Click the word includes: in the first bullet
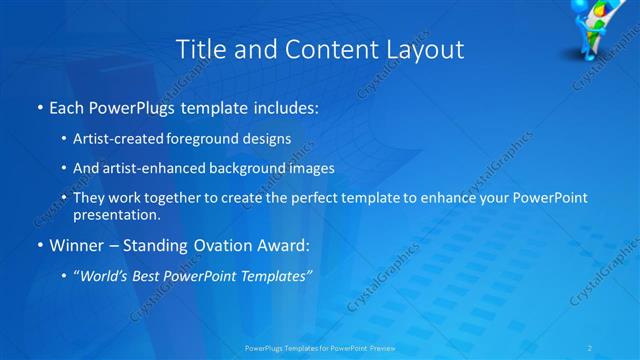(285, 107)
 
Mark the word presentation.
(117, 214)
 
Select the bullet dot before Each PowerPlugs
(39, 107)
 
